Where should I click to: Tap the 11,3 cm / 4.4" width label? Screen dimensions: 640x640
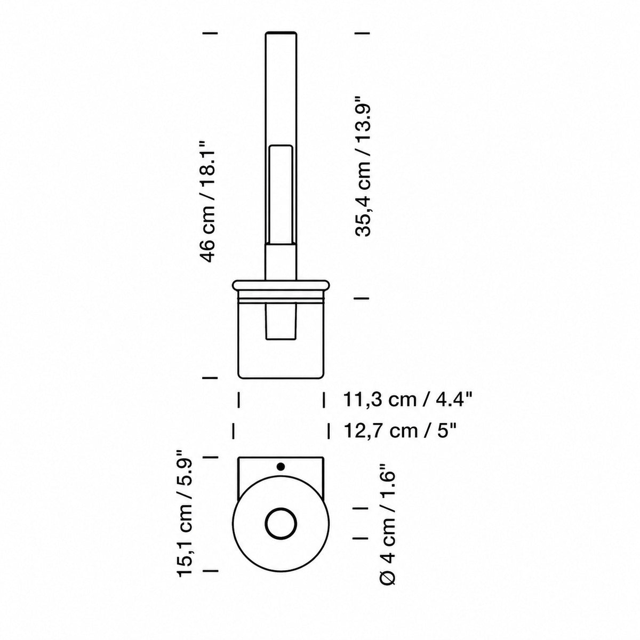click(407, 400)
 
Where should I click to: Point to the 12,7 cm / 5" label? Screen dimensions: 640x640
click(400, 431)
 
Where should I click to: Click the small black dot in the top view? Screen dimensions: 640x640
click(281, 467)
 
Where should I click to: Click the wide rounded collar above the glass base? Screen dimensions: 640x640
click(281, 285)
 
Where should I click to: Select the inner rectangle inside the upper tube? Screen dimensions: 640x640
click(281, 195)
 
